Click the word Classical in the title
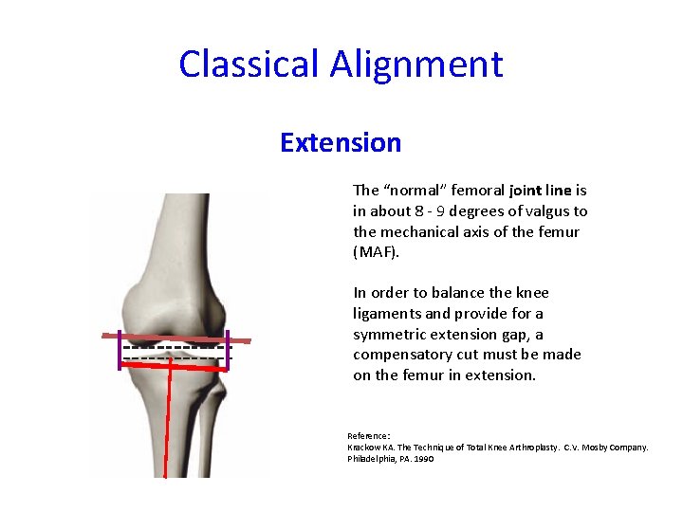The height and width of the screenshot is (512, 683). (x=249, y=64)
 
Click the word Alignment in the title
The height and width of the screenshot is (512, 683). (x=416, y=64)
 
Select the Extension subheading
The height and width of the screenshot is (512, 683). (x=341, y=143)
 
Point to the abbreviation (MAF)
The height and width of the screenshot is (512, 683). (x=371, y=252)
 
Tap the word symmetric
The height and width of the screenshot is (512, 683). (x=388, y=335)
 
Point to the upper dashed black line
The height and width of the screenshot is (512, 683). (x=175, y=346)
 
